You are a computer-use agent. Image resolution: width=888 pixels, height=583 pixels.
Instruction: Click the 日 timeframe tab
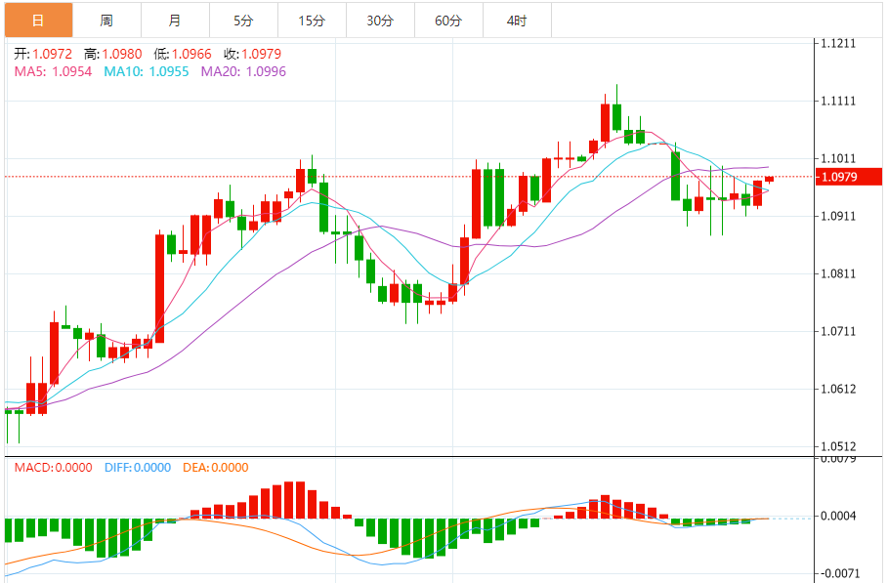(37, 20)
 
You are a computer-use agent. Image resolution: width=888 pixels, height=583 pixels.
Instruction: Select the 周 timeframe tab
(106, 20)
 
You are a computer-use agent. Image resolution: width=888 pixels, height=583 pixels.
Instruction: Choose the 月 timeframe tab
(174, 20)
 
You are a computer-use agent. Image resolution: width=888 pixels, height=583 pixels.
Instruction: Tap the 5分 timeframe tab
(243, 20)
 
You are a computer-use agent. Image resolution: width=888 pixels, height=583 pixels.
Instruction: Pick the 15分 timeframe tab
(312, 20)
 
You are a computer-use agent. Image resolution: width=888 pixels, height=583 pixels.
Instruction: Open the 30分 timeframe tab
(380, 20)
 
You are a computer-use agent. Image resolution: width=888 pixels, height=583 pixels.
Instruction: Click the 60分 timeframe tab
(448, 20)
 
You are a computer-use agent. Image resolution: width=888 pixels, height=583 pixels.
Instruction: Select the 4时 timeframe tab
(517, 20)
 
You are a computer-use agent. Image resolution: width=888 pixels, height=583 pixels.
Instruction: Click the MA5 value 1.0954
(72, 71)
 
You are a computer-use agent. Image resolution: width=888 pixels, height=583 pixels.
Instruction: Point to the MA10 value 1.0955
(169, 71)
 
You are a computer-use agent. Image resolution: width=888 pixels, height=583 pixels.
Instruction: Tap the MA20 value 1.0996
(266, 71)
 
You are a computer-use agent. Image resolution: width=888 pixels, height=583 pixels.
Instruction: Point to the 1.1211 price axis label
(839, 44)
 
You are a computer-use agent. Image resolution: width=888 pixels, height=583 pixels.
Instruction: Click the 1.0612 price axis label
(839, 390)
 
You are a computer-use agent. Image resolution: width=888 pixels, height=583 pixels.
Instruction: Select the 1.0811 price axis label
(839, 274)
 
